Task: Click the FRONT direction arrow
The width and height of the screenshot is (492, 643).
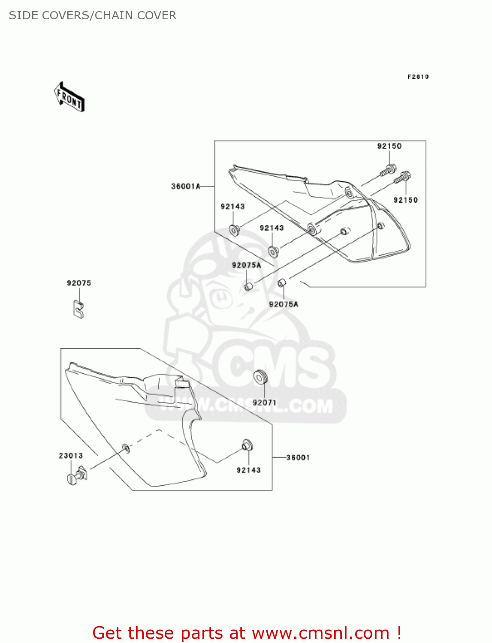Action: (x=69, y=97)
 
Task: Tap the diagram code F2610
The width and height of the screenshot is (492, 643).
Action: (x=418, y=77)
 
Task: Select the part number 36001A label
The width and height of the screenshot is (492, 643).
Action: (x=186, y=186)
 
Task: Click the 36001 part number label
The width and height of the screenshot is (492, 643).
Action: (x=298, y=457)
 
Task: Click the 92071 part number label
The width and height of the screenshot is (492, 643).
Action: (x=265, y=403)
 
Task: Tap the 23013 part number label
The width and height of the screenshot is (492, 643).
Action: (x=71, y=455)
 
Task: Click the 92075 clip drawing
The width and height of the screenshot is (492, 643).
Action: (x=78, y=309)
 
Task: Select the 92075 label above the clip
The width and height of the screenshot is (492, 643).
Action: (x=79, y=283)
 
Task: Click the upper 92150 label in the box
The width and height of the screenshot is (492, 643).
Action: (x=389, y=146)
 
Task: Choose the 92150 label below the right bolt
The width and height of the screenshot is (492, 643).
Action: (x=405, y=200)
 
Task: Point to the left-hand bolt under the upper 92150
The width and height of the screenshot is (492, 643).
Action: (x=387, y=170)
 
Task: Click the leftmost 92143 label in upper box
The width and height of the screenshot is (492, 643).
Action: (x=232, y=206)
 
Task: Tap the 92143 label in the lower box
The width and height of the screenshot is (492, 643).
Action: (x=248, y=470)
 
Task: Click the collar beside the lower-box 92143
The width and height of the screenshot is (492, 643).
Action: (x=247, y=445)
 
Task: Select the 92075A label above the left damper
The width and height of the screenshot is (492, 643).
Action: (x=246, y=265)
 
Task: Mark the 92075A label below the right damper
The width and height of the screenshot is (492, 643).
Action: (x=284, y=304)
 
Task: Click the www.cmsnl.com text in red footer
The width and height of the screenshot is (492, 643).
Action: (x=320, y=633)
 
